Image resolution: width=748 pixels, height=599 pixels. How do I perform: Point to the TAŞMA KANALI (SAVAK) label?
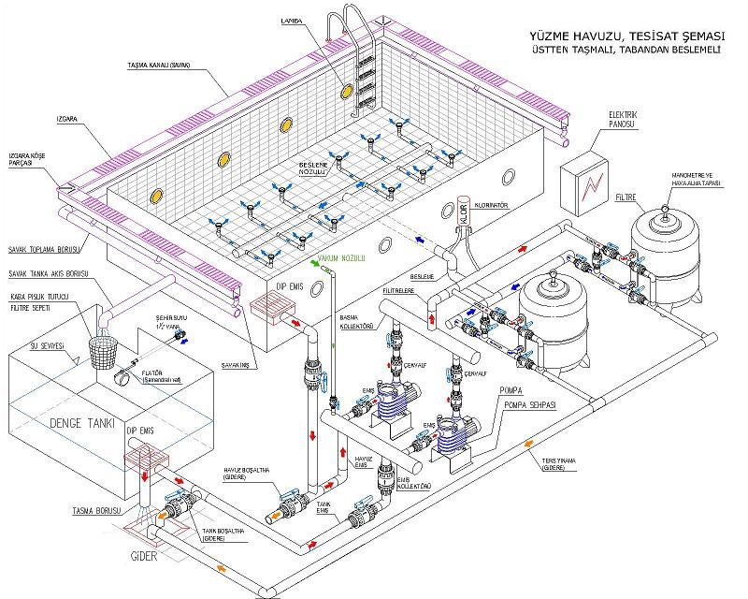(160, 66)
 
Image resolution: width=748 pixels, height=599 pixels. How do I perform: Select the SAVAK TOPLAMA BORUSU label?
(41, 249)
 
